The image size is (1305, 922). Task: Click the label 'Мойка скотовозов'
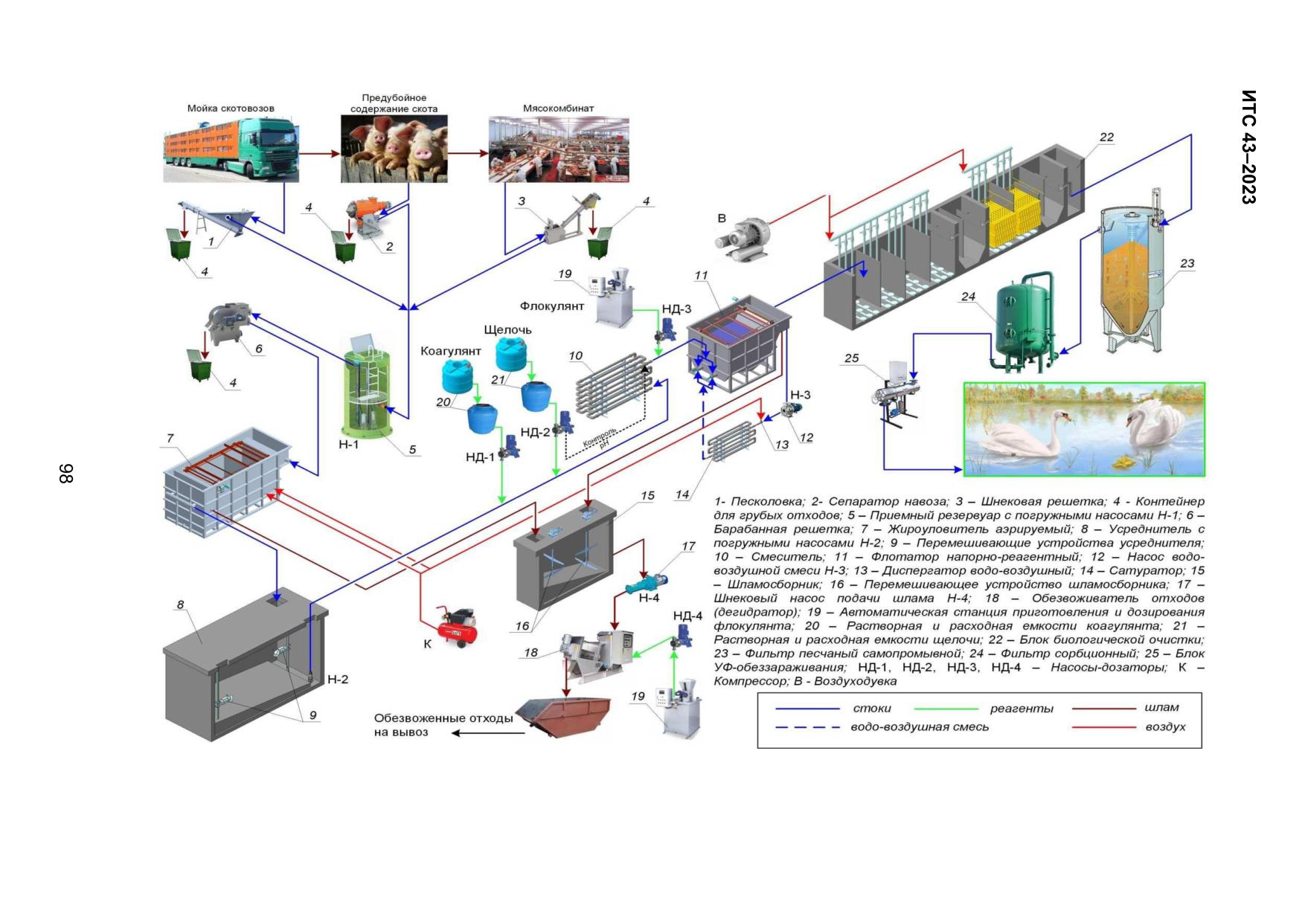click(x=231, y=109)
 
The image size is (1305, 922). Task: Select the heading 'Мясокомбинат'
click(x=558, y=109)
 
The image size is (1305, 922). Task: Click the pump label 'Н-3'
click(x=800, y=395)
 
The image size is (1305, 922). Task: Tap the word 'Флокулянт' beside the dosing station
click(x=552, y=306)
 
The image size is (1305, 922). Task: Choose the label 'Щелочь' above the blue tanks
click(x=507, y=329)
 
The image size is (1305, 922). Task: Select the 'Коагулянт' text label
click(x=451, y=351)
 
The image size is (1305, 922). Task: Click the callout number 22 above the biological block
click(x=1106, y=137)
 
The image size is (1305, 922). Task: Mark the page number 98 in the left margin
click(x=66, y=474)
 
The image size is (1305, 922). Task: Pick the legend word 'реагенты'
click(x=1022, y=709)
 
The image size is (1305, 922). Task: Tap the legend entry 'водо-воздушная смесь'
click(x=920, y=727)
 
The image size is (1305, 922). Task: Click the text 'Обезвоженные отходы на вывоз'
click(x=443, y=725)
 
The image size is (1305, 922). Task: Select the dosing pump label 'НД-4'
click(x=687, y=616)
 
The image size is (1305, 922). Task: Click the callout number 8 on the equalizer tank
click(x=180, y=605)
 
